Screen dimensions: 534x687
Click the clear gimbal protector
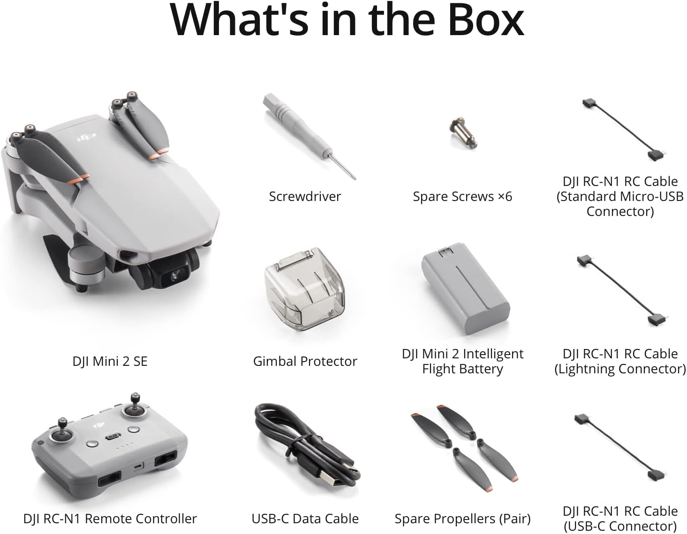[x=304, y=289]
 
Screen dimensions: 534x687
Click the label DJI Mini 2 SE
[x=110, y=361]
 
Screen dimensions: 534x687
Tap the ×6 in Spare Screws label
[x=505, y=196]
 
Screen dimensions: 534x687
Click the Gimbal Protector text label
[x=305, y=361]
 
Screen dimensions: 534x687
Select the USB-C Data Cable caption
[x=305, y=519]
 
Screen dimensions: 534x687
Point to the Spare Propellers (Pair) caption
[x=462, y=519]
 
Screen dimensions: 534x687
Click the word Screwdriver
[x=305, y=196]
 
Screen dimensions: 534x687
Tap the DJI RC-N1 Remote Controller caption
[x=110, y=519]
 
